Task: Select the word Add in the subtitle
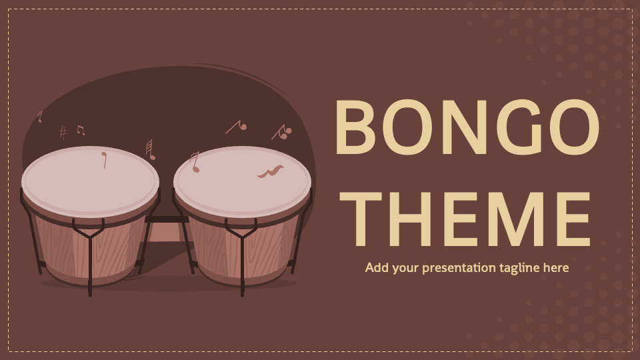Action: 375,268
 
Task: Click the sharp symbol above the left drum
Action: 63,132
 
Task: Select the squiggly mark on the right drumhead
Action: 270,172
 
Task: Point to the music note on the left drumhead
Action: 104,160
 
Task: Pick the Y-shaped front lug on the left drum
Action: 89,233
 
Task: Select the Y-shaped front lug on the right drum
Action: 241,233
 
